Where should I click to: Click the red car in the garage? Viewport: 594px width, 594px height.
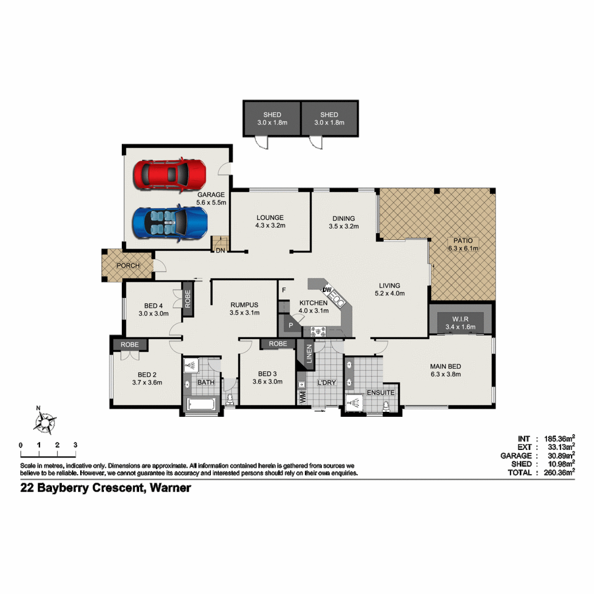170,175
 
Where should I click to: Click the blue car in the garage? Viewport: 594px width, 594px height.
170,222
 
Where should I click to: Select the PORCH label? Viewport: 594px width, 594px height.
128,265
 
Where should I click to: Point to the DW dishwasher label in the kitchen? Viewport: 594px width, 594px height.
327,290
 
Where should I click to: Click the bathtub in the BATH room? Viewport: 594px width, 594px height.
201,404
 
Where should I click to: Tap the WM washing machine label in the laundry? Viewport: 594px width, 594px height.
302,397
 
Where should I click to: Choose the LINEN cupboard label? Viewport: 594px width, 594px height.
309,353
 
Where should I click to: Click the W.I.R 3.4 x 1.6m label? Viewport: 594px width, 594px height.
460,323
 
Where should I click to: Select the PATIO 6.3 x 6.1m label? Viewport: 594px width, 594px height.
463,245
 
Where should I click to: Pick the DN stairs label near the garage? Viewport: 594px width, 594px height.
220,250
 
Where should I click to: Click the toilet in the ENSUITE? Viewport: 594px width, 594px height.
386,406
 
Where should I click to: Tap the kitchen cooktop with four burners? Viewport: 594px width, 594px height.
318,332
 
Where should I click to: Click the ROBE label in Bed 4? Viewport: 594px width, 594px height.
188,298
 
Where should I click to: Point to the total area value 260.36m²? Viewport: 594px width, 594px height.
559,472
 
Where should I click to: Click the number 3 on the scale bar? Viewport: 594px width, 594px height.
75,445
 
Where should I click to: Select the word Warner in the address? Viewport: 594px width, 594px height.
170,488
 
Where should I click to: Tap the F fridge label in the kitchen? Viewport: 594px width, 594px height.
284,290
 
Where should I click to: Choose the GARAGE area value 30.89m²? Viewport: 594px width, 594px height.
561,455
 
